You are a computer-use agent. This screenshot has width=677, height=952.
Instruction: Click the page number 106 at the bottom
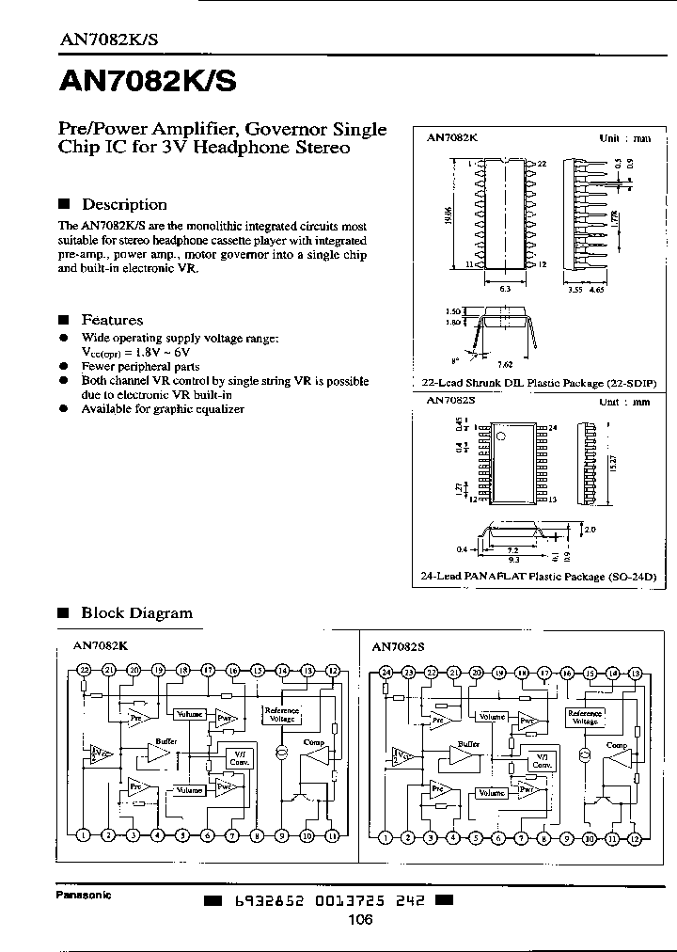point(359,919)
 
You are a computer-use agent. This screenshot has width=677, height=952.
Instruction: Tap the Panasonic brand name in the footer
point(84,896)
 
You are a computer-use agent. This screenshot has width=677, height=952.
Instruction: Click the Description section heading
point(124,204)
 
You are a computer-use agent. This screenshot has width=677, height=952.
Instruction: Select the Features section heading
point(112,320)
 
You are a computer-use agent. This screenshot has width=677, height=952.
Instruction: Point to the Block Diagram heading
point(136,612)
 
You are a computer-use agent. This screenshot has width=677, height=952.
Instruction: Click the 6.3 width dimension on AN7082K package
point(505,289)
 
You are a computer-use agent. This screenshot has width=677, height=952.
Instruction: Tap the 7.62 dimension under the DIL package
point(506,362)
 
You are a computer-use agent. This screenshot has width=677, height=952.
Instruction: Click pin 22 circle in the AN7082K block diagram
point(84,670)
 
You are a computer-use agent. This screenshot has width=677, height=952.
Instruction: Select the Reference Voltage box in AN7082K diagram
point(281,715)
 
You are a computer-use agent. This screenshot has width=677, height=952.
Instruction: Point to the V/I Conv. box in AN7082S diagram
point(541,759)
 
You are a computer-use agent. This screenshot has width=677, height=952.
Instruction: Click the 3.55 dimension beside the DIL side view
point(575,289)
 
